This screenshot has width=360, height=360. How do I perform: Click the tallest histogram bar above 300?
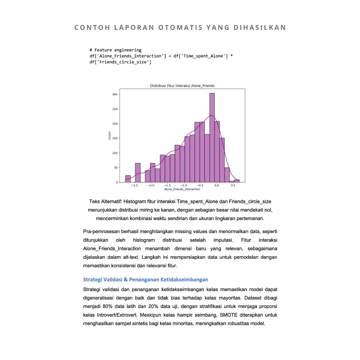coord(212,137)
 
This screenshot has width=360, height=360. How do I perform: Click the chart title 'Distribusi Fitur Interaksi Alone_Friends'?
coord(182,86)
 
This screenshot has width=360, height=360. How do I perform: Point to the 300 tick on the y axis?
coord(115,94)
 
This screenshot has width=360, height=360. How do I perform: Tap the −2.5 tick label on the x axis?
coord(134,185)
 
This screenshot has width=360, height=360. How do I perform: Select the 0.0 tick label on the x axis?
coord(217,185)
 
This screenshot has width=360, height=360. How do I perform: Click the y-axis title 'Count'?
coord(110,136)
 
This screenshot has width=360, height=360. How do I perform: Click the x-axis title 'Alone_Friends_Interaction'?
coord(182,189)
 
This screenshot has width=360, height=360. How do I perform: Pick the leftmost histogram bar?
coord(128,179)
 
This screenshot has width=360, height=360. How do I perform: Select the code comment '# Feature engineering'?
coord(115,50)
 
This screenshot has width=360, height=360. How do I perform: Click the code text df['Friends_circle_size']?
coord(120,62)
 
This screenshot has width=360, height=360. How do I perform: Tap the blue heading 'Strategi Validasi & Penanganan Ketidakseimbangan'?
coord(146,279)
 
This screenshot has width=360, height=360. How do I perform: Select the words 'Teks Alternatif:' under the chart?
coord(105,202)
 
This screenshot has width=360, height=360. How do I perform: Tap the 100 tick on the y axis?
coord(115,153)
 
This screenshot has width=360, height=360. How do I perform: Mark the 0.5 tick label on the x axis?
coord(233,185)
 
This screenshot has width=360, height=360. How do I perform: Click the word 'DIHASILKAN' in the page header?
coord(260,28)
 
